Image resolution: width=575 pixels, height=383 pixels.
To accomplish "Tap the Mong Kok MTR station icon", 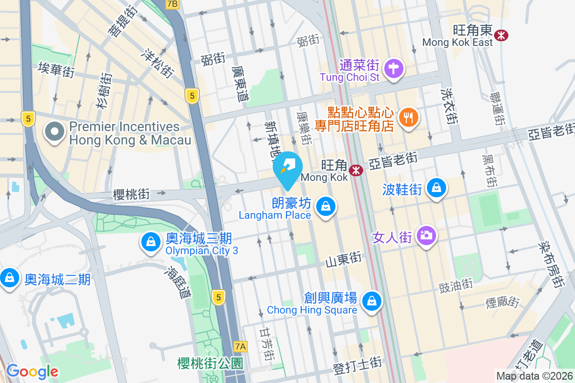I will [x=356, y=170].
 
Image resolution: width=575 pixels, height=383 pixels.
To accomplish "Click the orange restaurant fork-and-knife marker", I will [x=408, y=117].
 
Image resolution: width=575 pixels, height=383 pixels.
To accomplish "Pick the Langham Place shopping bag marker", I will [x=326, y=206].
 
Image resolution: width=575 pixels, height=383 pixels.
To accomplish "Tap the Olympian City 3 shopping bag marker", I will [x=151, y=242].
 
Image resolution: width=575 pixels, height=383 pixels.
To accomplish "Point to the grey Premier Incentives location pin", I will [x=54, y=132].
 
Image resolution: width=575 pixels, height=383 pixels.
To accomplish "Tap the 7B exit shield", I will [x=172, y=4].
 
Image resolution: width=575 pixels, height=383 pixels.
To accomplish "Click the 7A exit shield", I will [x=241, y=346].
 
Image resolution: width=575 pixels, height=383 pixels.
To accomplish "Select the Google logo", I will [x=32, y=372].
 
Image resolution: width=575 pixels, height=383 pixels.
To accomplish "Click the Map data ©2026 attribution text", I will [x=534, y=376].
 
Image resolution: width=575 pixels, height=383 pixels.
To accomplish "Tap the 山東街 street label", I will [x=343, y=260].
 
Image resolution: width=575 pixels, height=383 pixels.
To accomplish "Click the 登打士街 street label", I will [x=357, y=370].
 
